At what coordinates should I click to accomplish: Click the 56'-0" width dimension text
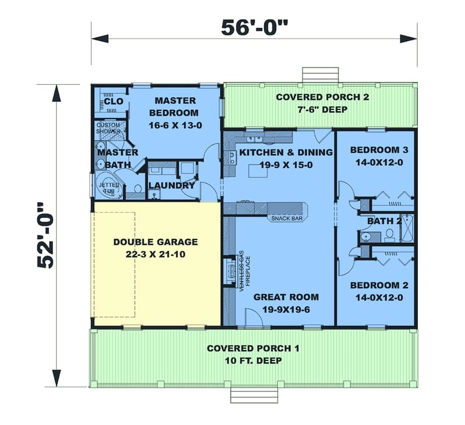click(255, 27)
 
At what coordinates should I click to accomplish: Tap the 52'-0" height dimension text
click(45, 236)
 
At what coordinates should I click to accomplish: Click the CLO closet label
click(113, 101)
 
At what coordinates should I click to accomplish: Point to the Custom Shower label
click(108, 128)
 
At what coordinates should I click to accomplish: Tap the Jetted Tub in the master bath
click(109, 185)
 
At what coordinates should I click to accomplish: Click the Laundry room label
click(171, 185)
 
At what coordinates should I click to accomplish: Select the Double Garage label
click(155, 242)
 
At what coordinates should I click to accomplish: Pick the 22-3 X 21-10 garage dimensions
click(155, 255)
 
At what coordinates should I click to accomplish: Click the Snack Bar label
click(287, 219)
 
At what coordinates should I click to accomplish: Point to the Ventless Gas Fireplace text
click(244, 271)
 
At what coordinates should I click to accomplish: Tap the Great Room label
click(286, 297)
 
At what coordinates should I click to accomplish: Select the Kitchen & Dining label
click(286, 152)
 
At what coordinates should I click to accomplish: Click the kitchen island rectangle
click(258, 171)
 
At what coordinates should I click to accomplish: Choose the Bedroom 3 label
click(380, 150)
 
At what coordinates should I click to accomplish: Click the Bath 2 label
click(384, 221)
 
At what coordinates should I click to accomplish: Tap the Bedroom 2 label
click(380, 285)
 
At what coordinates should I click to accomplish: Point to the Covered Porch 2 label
click(323, 97)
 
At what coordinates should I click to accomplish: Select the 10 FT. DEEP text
click(253, 360)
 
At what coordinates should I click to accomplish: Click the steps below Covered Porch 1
click(255, 395)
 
